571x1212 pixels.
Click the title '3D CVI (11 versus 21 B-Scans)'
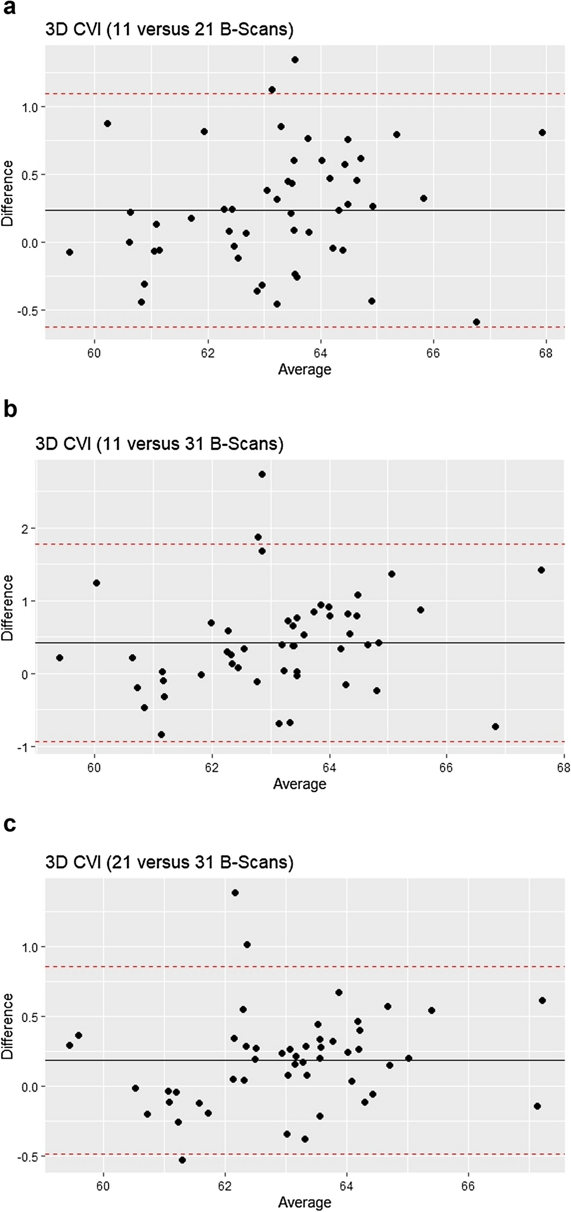click(x=169, y=30)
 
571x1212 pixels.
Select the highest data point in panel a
click(x=295, y=60)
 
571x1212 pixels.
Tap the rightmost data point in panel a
click(x=542, y=133)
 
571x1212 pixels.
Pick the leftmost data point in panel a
click(x=70, y=252)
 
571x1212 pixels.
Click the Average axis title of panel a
click(x=305, y=370)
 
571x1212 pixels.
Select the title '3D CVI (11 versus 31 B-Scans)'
click(x=159, y=444)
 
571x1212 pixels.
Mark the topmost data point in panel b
click(x=262, y=474)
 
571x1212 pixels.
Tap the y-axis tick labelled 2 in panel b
click(x=24, y=528)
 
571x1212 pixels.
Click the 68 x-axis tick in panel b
click(x=563, y=768)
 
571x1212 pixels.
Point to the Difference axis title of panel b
click(x=8, y=608)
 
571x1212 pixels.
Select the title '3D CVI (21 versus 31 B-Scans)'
click(x=169, y=862)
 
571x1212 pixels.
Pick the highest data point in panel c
click(x=235, y=893)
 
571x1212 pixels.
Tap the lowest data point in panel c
click(x=182, y=1160)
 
